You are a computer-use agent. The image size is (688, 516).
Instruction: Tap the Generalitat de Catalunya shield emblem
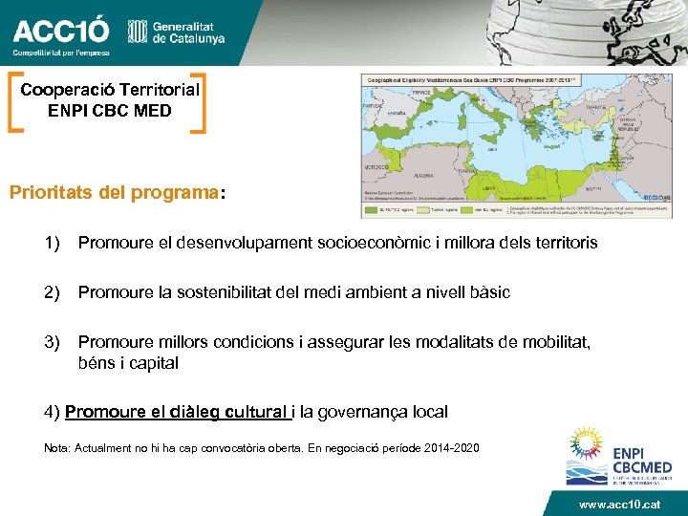[x=137, y=32]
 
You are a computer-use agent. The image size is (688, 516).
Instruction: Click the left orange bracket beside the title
[x=16, y=101]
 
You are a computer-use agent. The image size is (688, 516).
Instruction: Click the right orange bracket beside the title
[x=198, y=101]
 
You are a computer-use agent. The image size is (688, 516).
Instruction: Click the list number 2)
[x=54, y=292]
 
